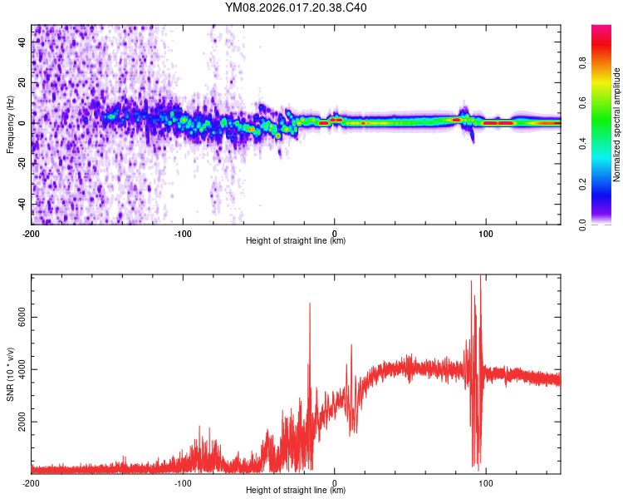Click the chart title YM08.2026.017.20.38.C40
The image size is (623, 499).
click(296, 8)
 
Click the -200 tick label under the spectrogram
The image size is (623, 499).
click(32, 233)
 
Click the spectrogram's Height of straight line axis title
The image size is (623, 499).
click(296, 241)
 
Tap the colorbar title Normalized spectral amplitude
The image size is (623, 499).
click(617, 125)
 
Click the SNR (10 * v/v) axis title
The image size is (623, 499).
click(10, 374)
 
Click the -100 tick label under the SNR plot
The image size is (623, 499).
click(183, 482)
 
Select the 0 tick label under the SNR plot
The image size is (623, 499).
click(334, 482)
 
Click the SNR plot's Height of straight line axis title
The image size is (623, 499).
click(296, 491)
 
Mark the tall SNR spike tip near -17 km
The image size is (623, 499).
click(310, 304)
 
